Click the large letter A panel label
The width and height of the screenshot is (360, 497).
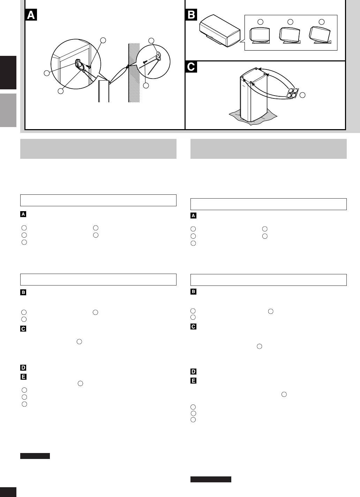(31, 15)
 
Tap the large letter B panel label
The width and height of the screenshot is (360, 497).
(191, 15)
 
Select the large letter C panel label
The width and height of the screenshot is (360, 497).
(191, 67)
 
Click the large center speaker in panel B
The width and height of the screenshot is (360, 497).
(220, 31)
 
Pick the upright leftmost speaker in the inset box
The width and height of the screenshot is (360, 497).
(260, 36)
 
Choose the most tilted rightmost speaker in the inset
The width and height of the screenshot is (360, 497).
(320, 35)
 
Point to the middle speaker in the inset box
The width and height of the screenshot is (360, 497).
(290, 35)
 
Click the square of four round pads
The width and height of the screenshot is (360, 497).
(292, 93)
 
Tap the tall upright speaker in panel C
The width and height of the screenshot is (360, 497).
(254, 95)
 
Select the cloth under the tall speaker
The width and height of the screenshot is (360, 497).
(253, 117)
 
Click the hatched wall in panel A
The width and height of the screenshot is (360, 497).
(134, 73)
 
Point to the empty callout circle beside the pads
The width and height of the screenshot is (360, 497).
(302, 95)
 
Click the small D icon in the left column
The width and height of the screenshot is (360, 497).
(23, 368)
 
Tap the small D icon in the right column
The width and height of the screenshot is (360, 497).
(193, 371)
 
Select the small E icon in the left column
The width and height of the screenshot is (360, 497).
(23, 377)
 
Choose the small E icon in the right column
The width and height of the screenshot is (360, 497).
(193, 381)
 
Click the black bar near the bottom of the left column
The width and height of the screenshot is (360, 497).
(35, 456)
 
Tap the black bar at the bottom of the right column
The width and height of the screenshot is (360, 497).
(211, 479)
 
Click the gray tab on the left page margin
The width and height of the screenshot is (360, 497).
(8, 110)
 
